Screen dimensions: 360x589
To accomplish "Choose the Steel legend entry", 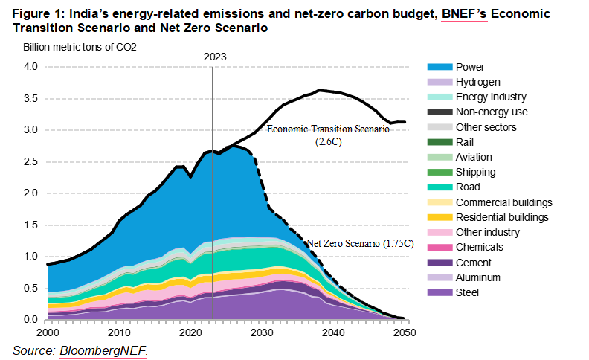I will [468, 292].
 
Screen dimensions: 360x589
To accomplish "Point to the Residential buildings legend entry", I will [502, 217].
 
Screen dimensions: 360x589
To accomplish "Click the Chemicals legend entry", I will [479, 248].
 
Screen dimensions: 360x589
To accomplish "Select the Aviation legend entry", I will [474, 157].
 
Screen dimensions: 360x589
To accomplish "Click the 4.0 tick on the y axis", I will [29, 67].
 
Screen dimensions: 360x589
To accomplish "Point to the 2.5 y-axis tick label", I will [29, 161].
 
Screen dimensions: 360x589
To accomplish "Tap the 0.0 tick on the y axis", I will [29, 320].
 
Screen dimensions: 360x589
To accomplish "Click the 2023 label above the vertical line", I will [214, 56].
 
